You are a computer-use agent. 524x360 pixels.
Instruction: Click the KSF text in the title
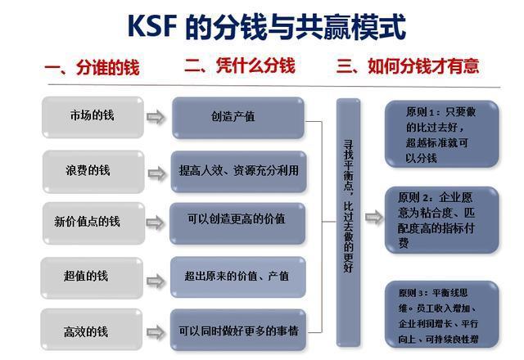tap(153, 28)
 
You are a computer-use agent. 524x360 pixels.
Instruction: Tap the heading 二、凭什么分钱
tap(239, 66)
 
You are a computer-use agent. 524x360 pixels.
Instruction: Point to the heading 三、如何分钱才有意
tap(408, 66)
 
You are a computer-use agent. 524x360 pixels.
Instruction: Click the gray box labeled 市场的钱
tap(91, 116)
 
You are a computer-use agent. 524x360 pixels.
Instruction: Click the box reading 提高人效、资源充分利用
tap(237, 171)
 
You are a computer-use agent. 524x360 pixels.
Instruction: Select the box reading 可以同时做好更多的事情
tap(237, 331)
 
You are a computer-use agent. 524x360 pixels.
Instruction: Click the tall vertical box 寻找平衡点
tap(348, 213)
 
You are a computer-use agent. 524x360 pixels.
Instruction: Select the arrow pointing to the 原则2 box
tap(373, 218)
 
